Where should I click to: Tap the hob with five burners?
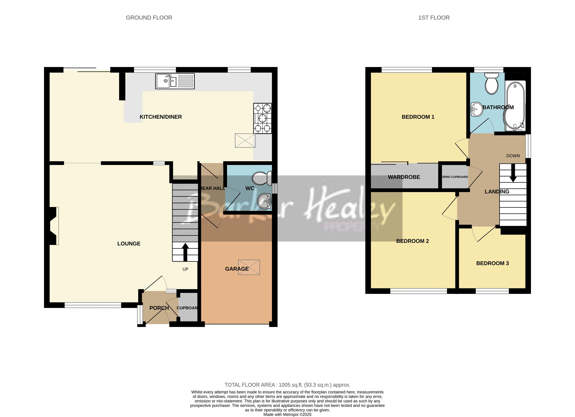(262, 118)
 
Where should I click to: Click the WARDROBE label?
(404, 177)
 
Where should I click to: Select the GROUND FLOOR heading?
(149, 18)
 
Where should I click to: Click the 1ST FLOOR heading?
(434, 18)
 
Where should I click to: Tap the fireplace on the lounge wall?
(53, 226)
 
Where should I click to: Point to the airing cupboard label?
(455, 177)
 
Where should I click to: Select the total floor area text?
(287, 385)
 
